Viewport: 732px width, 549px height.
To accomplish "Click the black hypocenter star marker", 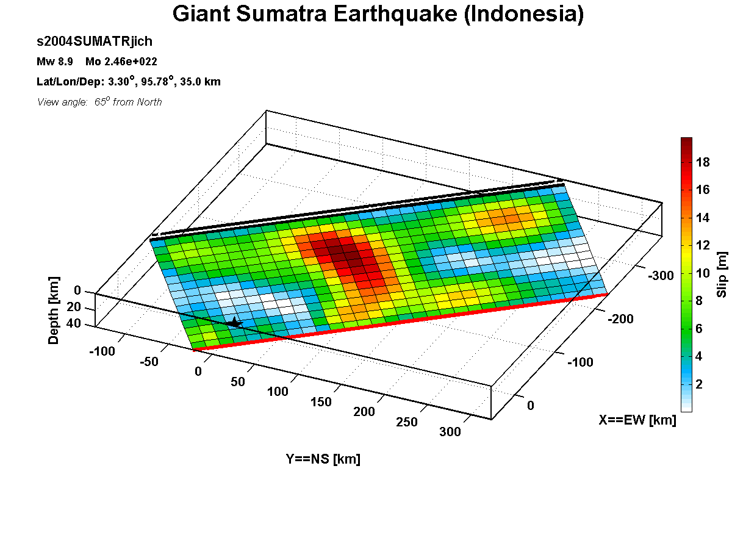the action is tap(235, 323).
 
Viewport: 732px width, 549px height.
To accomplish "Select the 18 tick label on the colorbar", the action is tap(703, 162).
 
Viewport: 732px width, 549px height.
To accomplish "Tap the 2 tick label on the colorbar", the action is tap(699, 384).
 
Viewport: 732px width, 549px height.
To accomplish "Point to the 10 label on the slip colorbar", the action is tap(703, 273).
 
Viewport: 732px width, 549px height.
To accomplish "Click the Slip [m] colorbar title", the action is tap(722, 274).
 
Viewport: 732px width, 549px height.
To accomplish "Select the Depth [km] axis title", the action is tap(53, 310).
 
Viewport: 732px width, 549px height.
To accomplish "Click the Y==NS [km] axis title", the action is tap(323, 459).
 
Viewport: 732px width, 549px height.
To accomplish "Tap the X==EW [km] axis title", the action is tap(637, 420).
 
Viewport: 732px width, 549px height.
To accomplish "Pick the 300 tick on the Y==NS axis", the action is tap(450, 432).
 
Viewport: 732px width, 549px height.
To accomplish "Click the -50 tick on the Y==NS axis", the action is tap(149, 362).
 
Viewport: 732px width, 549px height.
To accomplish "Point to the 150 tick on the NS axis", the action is tap(321, 401).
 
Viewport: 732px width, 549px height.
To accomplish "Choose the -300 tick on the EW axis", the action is tap(661, 276).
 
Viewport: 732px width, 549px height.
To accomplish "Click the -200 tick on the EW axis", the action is tap(620, 319).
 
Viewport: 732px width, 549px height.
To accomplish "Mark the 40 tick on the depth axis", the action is tap(74, 323).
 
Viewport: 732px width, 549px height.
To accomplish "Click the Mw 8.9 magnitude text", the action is tap(55, 62).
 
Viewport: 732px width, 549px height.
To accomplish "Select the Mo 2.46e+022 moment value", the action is tap(121, 62).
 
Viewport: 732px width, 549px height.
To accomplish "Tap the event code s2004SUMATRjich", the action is tap(95, 41).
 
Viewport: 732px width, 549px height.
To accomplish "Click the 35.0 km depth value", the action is tap(201, 82).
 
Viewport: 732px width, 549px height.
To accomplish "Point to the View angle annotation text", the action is tap(99, 102).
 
